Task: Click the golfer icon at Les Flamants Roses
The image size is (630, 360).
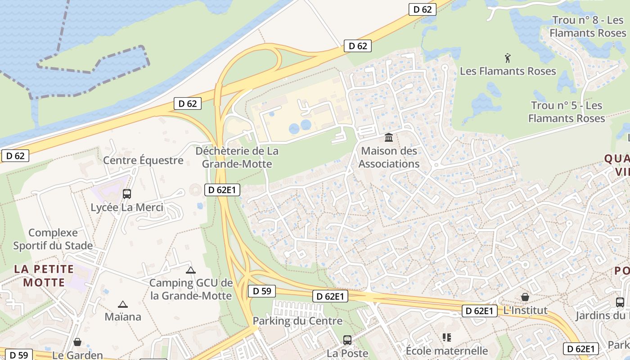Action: pyautogui.click(x=508, y=58)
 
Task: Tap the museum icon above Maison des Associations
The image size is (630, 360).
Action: pyautogui.click(x=389, y=137)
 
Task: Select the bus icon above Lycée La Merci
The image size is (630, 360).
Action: pyautogui.click(x=127, y=194)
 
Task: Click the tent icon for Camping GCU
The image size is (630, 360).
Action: pyautogui.click(x=191, y=270)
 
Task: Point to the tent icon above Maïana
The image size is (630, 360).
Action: pyautogui.click(x=122, y=304)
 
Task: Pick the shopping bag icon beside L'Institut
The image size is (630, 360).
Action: pyautogui.click(x=525, y=297)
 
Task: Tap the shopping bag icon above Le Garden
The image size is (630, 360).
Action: pyautogui.click(x=77, y=342)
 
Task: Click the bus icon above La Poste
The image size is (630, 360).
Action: pyautogui.click(x=347, y=340)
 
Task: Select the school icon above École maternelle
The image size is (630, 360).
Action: pyautogui.click(x=447, y=337)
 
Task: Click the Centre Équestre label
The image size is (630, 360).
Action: pyautogui.click(x=143, y=160)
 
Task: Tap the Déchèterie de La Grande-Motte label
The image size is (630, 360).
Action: pyautogui.click(x=237, y=157)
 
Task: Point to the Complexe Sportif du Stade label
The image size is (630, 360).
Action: pyautogui.click(x=53, y=239)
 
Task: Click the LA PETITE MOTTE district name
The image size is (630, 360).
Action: pyautogui.click(x=44, y=276)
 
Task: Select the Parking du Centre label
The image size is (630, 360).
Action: pyautogui.click(x=297, y=321)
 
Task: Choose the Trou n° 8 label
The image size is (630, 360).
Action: pyautogui.click(x=588, y=27)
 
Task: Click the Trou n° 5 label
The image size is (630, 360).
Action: pyautogui.click(x=567, y=112)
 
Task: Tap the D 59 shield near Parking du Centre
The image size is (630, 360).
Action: pyautogui.click(x=262, y=291)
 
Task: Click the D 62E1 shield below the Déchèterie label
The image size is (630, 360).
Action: pyautogui.click(x=222, y=190)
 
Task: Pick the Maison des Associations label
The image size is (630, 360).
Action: pyautogui.click(x=389, y=157)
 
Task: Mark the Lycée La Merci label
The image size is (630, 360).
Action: pyautogui.click(x=127, y=207)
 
